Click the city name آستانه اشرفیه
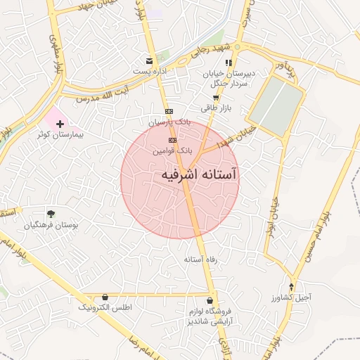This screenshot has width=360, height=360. tap(199, 174)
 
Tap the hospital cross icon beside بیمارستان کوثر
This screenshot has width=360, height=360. tap(60, 124)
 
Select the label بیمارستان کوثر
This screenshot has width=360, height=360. tap(60, 134)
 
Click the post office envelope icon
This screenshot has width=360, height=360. tap(148, 61)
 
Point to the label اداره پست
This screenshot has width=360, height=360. tap(148, 71)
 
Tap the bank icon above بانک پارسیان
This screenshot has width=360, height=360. tap(169, 111)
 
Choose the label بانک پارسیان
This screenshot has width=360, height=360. tap(169, 122)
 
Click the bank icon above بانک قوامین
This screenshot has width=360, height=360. tap(173, 141)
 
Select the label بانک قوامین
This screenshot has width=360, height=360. tap(173, 150)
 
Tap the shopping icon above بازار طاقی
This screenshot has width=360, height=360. tap(216, 98)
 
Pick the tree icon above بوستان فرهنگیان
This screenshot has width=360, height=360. tap(51, 214)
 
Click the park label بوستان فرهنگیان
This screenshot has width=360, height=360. tap(48, 225)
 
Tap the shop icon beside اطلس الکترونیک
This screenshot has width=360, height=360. tap(105, 297)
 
